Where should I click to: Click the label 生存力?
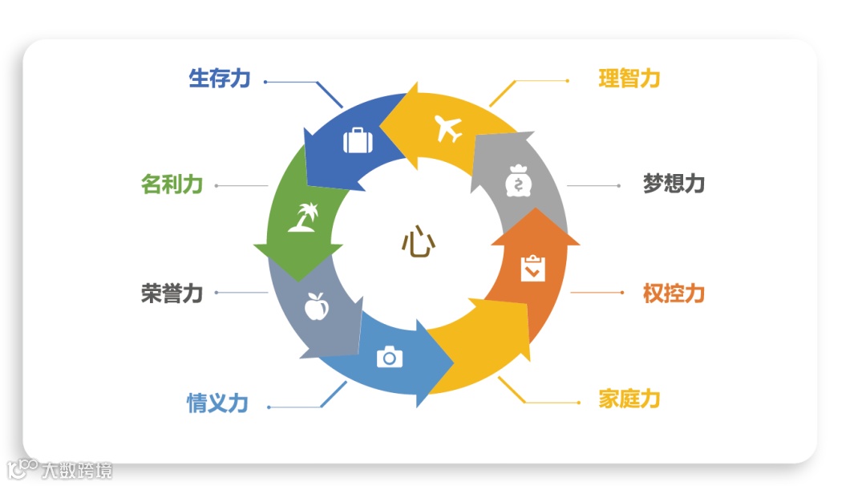click(220, 79)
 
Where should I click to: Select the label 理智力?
click(629, 79)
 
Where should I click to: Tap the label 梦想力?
click(674, 184)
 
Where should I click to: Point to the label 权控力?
click(674, 294)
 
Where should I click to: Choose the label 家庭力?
click(629, 399)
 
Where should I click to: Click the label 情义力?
click(217, 403)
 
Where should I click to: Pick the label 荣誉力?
click(172, 294)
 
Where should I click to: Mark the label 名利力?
click(172, 184)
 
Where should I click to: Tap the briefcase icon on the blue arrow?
click(358, 140)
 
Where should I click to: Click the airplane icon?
click(449, 128)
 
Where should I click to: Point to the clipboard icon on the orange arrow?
click(532, 269)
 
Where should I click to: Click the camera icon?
click(390, 356)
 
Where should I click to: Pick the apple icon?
click(316, 306)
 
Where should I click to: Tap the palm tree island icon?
click(303, 217)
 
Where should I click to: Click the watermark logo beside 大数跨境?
click(22, 468)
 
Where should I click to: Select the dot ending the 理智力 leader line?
click(568, 80)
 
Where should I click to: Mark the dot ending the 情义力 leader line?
click(269, 407)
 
